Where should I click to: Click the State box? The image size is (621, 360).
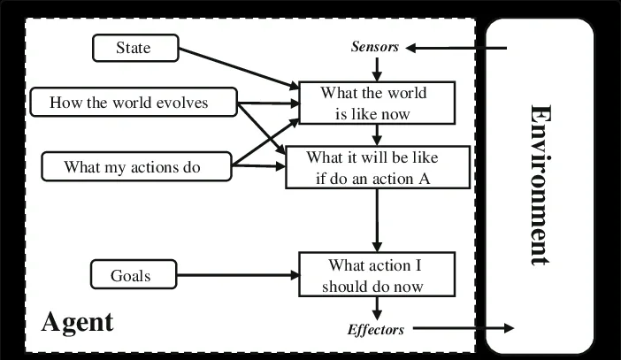134,48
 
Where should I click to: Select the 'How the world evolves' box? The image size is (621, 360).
129,103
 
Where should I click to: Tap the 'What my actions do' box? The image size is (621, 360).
132,165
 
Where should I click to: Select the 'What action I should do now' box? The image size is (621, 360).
378,275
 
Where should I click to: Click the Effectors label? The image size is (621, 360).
375,329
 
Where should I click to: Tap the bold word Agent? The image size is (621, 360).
78,322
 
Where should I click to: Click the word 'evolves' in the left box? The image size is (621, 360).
180,103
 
